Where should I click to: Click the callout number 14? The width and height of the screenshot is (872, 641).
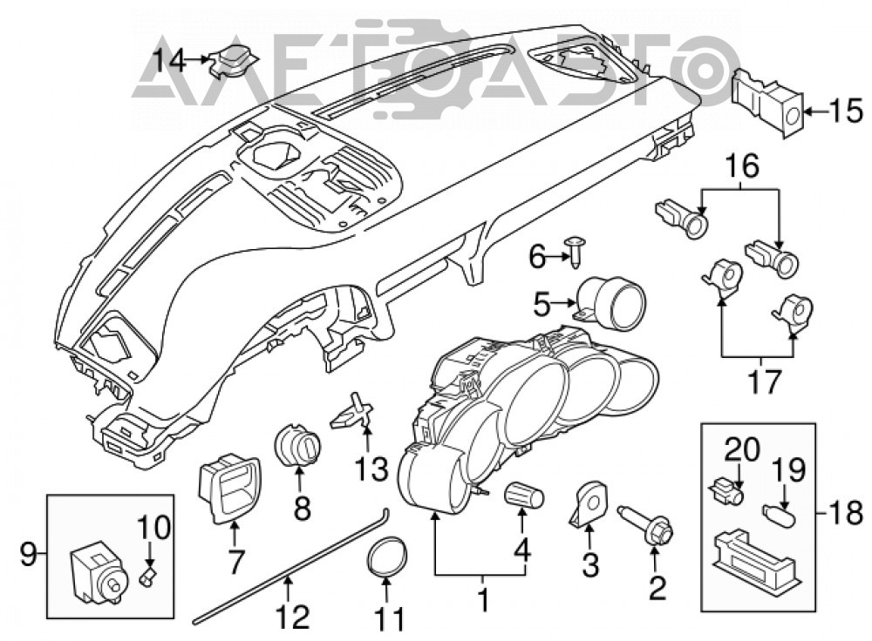pyautogui.click(x=169, y=61)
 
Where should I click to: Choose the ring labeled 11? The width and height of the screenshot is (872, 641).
pyautogui.click(x=387, y=557)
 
